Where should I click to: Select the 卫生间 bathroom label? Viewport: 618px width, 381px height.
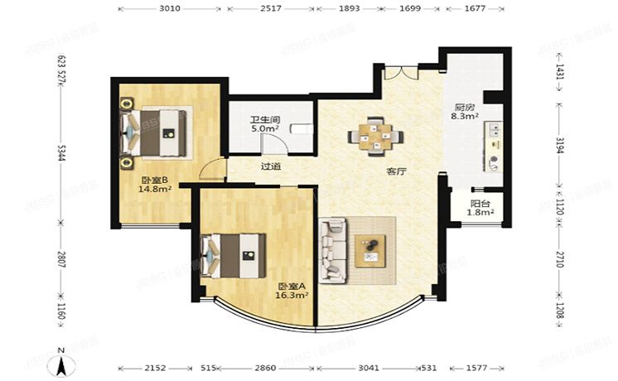pyautogui.click(x=265, y=119)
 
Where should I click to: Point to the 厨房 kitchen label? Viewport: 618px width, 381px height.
pyautogui.click(x=464, y=107)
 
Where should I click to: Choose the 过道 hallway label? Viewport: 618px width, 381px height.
pyautogui.click(x=270, y=166)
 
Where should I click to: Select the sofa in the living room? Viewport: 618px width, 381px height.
pyautogui.click(x=334, y=248)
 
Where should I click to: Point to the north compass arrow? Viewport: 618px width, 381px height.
pyautogui.click(x=61, y=363)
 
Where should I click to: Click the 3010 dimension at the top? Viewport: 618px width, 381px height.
pyautogui.click(x=170, y=9)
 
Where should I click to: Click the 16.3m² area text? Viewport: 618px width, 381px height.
pyautogui.click(x=293, y=294)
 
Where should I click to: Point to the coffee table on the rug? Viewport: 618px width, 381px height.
pyautogui.click(x=371, y=250)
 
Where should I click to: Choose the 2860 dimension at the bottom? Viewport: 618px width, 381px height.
pyautogui.click(x=265, y=367)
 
